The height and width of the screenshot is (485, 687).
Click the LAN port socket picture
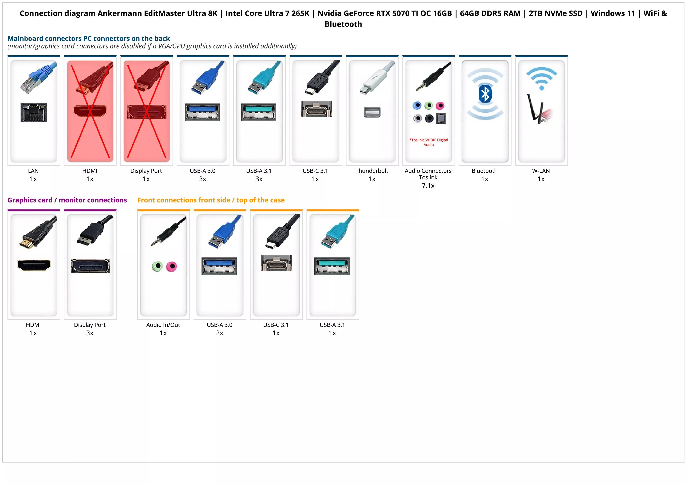34,112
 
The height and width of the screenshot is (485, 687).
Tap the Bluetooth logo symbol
485,94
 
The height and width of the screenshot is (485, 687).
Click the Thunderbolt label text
372,171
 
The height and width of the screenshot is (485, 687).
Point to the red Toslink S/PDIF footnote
428,142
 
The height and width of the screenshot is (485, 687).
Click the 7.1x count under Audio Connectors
428,186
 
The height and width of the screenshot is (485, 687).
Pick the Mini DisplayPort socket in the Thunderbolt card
372,112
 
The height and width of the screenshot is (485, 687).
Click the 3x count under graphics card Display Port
90,333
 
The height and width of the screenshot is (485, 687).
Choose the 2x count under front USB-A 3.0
220,333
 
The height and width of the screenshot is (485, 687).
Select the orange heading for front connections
211,200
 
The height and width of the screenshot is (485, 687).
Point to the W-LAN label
541,171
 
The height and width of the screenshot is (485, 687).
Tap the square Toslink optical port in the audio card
441,119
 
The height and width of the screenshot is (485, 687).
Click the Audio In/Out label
163,325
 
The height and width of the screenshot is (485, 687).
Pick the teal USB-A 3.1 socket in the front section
332,266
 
